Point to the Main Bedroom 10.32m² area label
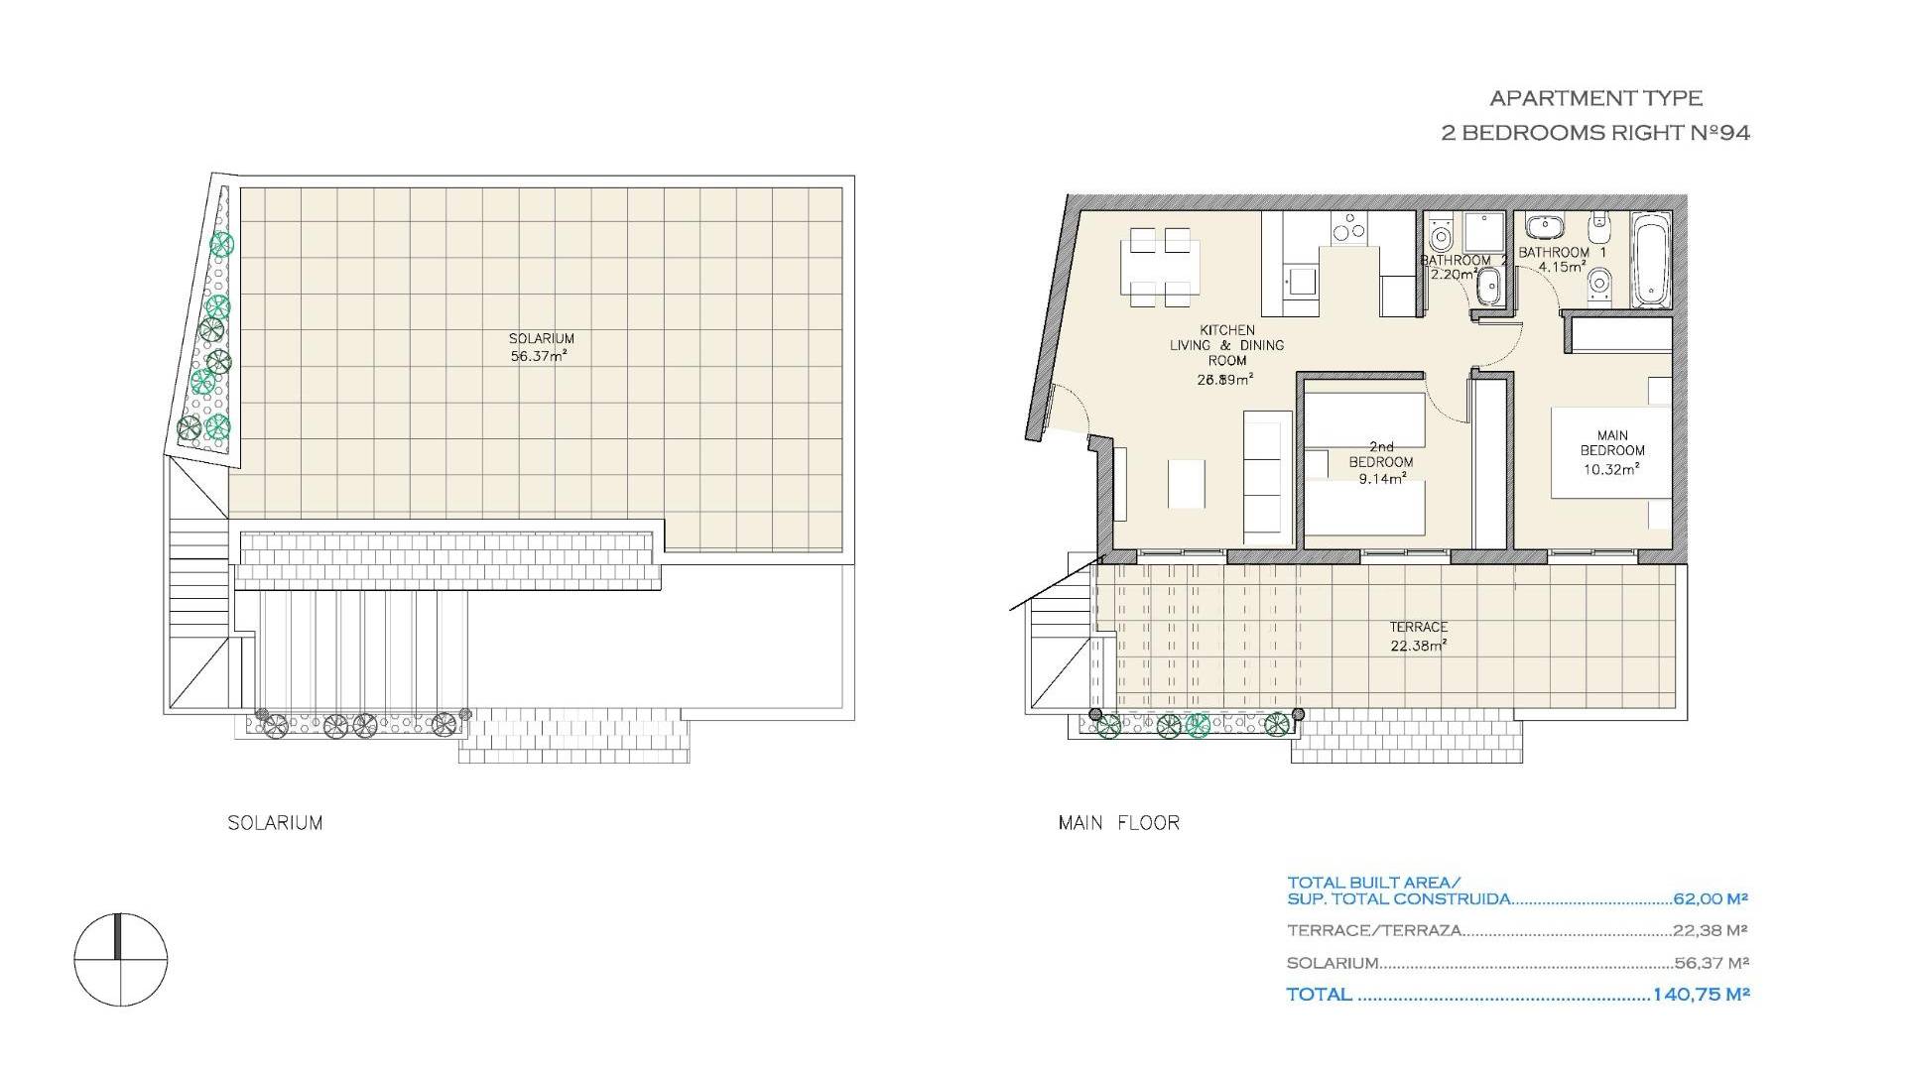pyautogui.click(x=1612, y=452)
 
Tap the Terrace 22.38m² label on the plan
pyautogui.click(x=1418, y=636)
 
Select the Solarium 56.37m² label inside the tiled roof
pyautogui.click(x=542, y=347)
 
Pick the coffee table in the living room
pyautogui.click(x=1187, y=483)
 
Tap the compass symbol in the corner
pyautogui.click(x=120, y=960)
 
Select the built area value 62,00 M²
pyautogui.click(x=1711, y=899)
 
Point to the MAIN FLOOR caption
pyautogui.click(x=1119, y=823)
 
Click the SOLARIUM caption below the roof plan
pyautogui.click(x=275, y=823)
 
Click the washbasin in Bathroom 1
pyautogui.click(x=1543, y=228)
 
